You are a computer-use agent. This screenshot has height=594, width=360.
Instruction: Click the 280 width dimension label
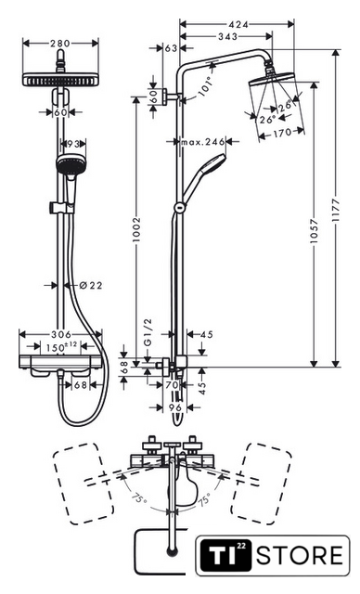click(60, 44)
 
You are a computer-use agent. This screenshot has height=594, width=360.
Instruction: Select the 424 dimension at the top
click(238, 25)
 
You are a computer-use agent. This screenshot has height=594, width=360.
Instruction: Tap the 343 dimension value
click(227, 36)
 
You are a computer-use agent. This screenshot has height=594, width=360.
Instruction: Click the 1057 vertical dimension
click(314, 231)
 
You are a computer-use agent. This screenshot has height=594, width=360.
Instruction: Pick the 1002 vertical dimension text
click(136, 229)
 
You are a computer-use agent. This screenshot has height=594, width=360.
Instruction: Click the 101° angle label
click(206, 86)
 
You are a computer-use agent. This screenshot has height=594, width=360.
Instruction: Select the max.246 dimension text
click(203, 142)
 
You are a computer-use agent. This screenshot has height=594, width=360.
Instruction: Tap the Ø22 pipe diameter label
click(91, 285)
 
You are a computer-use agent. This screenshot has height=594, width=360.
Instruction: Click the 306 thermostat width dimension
click(61, 334)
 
